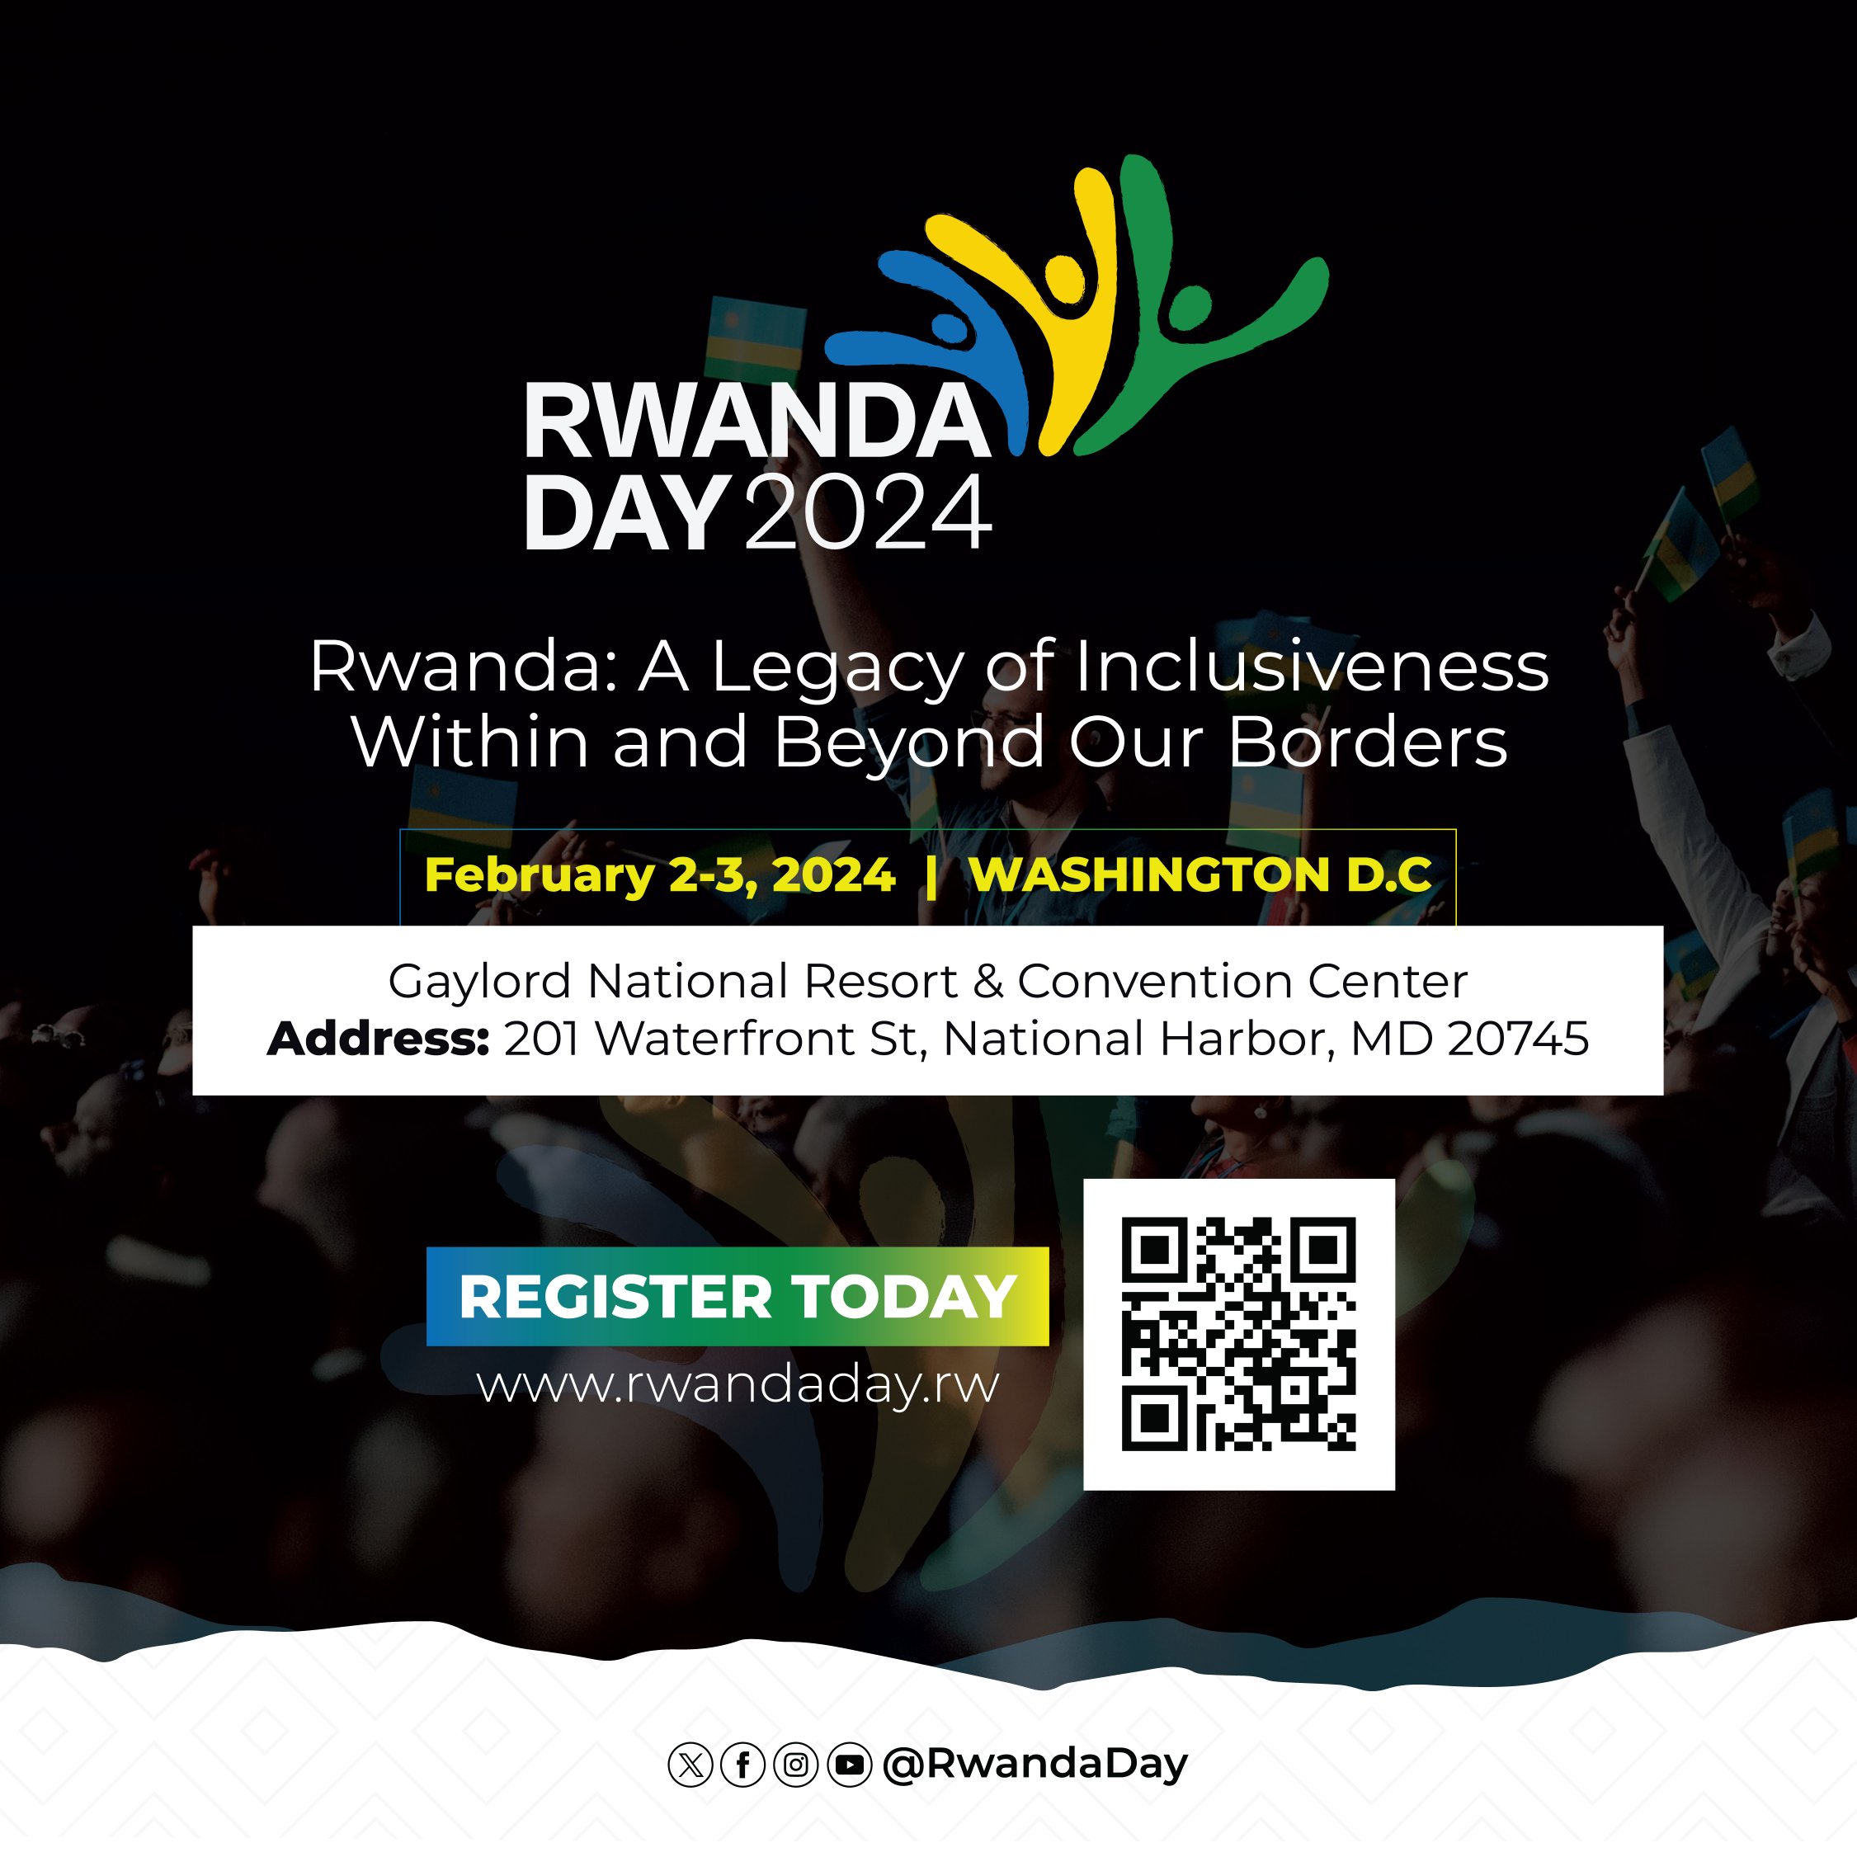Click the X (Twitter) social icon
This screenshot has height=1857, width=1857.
tap(689, 1765)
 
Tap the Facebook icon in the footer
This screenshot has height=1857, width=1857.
tap(742, 1765)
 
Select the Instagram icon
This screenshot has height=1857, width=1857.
tap(796, 1765)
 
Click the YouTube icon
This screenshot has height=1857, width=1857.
tap(850, 1765)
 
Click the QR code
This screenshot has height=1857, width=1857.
tap(1238, 1334)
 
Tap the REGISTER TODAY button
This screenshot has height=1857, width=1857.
tap(738, 1297)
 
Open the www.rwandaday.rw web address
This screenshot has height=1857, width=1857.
tap(738, 1385)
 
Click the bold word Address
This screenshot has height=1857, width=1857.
tap(379, 1039)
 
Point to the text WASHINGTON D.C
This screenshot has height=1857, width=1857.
tap(1200, 874)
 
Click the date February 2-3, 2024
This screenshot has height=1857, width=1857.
tap(659, 874)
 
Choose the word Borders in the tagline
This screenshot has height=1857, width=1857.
tap(1368, 743)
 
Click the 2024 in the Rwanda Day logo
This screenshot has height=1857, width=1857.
tap(867, 514)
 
